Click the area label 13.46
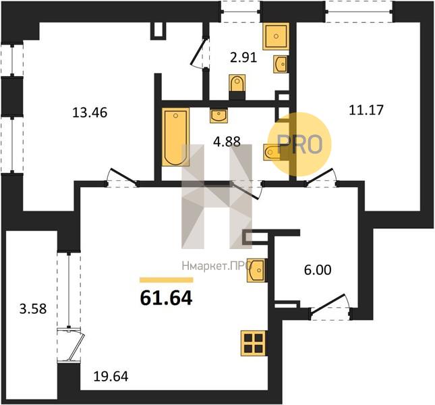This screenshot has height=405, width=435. (90, 113)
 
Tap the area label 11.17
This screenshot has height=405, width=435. (366, 109)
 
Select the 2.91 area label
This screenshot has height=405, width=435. (243, 57)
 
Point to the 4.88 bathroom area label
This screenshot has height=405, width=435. (227, 141)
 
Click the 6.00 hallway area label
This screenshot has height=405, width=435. (318, 270)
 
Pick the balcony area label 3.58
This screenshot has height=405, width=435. (33, 308)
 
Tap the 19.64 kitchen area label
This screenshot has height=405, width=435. (111, 377)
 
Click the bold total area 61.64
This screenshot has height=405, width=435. (166, 298)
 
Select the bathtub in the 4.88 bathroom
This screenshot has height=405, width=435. (175, 137)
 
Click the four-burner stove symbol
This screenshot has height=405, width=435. (254, 343)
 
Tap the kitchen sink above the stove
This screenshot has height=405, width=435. (257, 270)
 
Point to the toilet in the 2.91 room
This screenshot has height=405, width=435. (237, 83)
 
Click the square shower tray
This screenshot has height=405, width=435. (276, 36)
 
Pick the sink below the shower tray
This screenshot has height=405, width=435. (280, 64)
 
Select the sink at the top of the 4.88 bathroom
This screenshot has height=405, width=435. (219, 115)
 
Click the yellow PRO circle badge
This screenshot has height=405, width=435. (300, 144)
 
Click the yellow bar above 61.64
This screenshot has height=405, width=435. (167, 280)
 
